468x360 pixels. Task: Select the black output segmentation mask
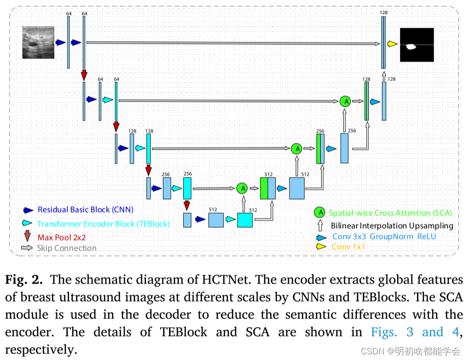point(417,45)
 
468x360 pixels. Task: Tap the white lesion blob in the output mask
point(411,46)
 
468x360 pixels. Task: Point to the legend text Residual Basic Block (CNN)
point(85,210)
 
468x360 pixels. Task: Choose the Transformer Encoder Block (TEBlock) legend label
point(103,224)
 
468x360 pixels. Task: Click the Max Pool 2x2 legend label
point(68,237)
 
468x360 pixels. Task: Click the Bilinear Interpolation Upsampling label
point(391,226)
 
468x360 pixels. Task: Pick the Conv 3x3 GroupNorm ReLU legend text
point(384,236)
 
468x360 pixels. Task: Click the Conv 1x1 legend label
point(349,247)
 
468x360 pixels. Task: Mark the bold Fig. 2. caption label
point(24,280)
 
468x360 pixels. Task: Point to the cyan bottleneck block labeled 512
point(245,220)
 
